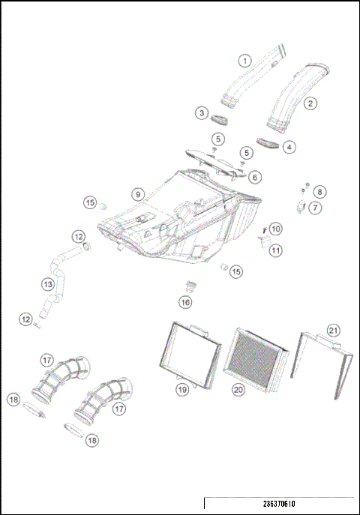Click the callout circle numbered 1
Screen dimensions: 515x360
tap(244, 61)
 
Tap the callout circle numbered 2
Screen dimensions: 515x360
tap(310, 104)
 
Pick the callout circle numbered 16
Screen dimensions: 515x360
tap(184, 301)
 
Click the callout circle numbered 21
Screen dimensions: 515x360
tap(333, 330)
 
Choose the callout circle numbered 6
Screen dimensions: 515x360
tap(255, 178)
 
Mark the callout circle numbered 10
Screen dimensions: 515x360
tap(276, 228)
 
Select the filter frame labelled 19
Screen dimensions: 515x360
tap(191, 355)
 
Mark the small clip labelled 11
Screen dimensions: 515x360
tap(265, 240)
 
